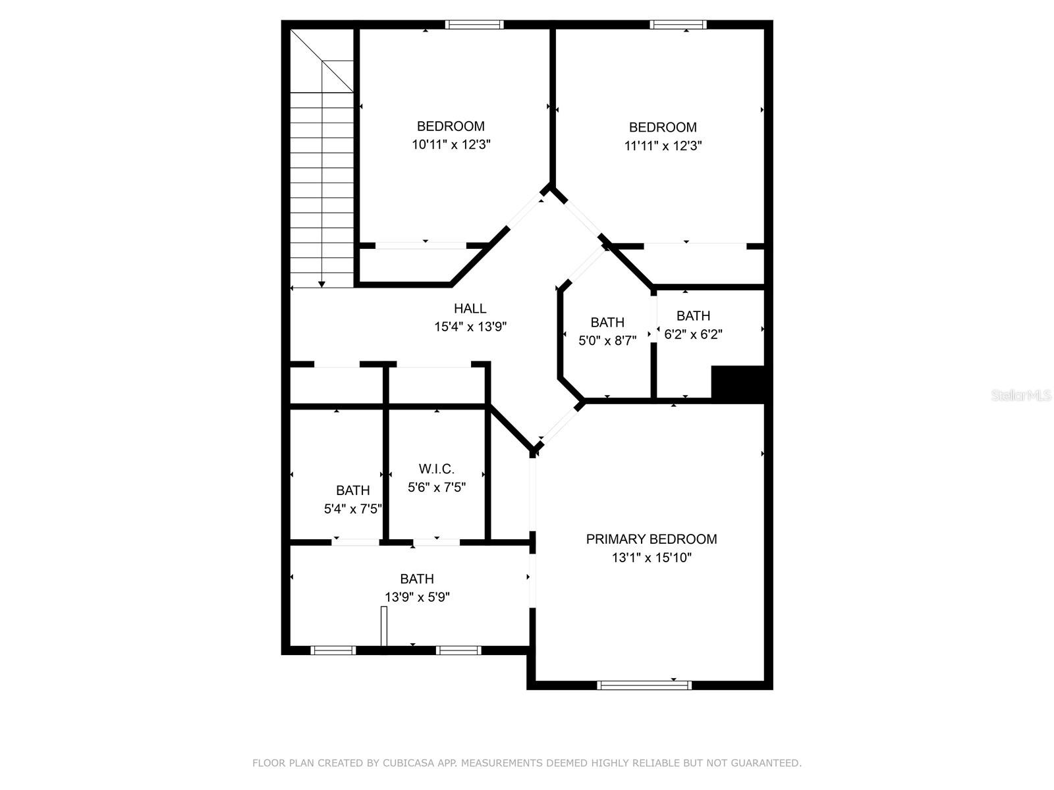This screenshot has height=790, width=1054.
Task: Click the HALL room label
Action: tap(470, 308)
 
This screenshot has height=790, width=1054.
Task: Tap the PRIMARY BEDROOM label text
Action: tap(651, 539)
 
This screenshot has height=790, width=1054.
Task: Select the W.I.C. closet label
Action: tap(436, 469)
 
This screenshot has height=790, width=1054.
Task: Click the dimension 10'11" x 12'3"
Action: tap(451, 145)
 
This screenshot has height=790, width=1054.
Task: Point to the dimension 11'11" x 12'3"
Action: tap(663, 146)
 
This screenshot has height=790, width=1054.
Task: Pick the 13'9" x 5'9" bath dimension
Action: tap(417, 597)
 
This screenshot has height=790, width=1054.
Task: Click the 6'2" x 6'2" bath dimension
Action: tap(693, 334)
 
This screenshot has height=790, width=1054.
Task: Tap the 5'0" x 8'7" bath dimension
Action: tap(607, 341)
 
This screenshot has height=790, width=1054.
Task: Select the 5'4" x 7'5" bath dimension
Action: tap(353, 509)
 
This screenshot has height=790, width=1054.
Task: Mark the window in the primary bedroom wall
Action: tap(644, 685)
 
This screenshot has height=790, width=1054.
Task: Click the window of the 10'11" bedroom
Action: tap(474, 25)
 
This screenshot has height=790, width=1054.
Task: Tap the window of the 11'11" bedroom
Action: tap(678, 25)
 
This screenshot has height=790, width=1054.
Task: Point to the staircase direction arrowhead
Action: tap(321, 284)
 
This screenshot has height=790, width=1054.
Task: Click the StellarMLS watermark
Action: tap(1021, 396)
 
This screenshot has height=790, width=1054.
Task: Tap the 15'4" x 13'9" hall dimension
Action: tap(470, 327)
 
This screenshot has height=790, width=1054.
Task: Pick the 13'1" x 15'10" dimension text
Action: tap(651, 558)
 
